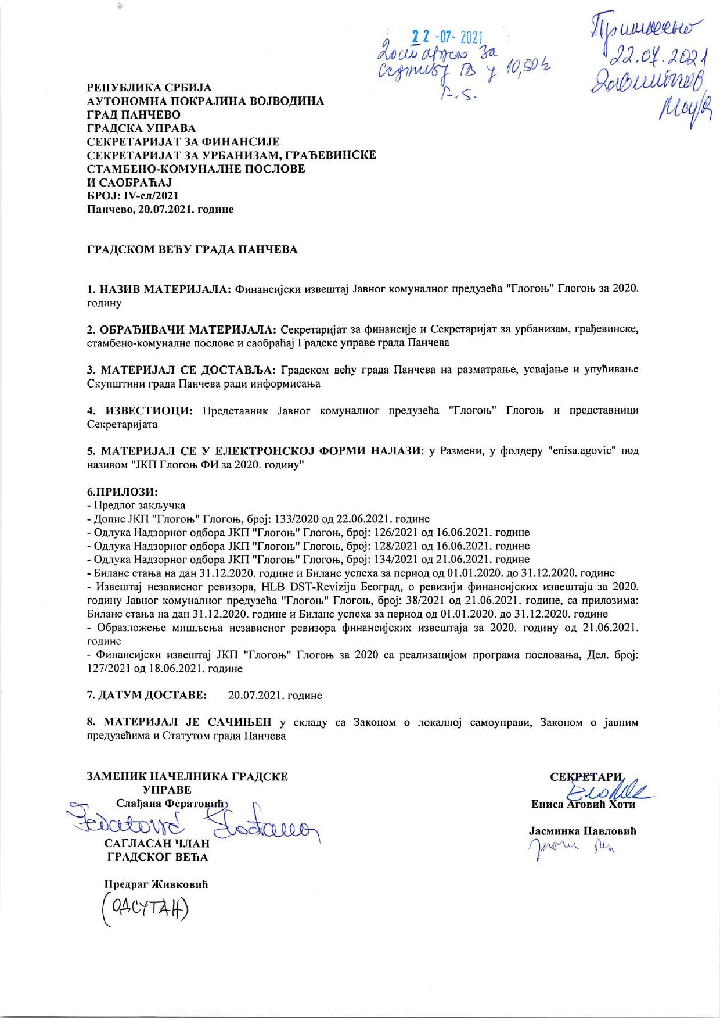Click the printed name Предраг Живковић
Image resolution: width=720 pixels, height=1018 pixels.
tap(155, 884)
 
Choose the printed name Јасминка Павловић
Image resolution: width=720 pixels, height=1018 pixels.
tap(583, 831)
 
